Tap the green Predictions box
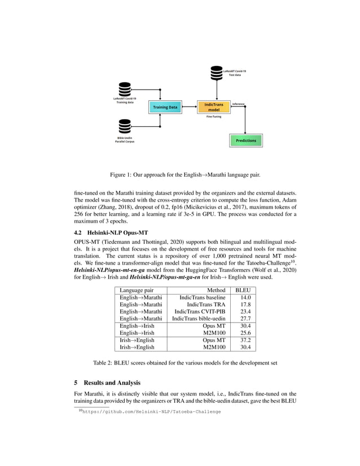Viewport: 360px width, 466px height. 245,140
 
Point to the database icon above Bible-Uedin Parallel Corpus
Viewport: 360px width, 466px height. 125,125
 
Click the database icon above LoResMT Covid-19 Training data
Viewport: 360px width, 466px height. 125,89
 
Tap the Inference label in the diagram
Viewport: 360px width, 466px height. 238,104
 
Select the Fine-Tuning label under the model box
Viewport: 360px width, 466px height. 213,117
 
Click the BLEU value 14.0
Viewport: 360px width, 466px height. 244,297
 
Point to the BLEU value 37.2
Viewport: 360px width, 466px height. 244,340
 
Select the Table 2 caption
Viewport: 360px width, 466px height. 180,363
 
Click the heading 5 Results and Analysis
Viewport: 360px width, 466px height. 111,383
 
